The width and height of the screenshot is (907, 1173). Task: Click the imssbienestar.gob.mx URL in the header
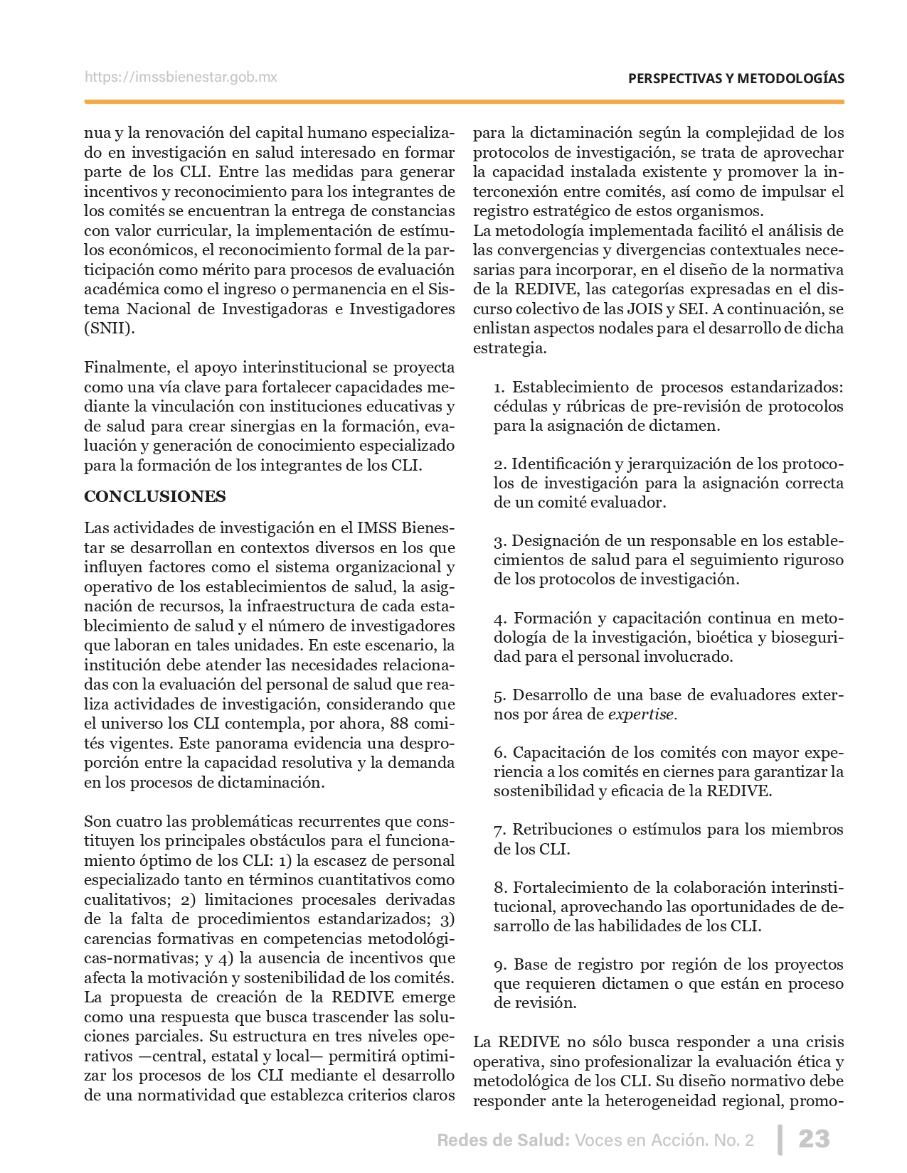[181, 77]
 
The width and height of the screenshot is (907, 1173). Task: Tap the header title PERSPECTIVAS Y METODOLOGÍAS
[736, 79]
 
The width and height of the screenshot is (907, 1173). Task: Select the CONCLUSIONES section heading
[155, 496]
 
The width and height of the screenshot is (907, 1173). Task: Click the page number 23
[815, 1140]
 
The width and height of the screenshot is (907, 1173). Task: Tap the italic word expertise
[640, 714]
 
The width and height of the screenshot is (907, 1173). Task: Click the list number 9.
[499, 965]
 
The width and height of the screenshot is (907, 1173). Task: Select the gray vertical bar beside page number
[780, 1139]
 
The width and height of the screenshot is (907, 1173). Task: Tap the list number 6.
[499, 753]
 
